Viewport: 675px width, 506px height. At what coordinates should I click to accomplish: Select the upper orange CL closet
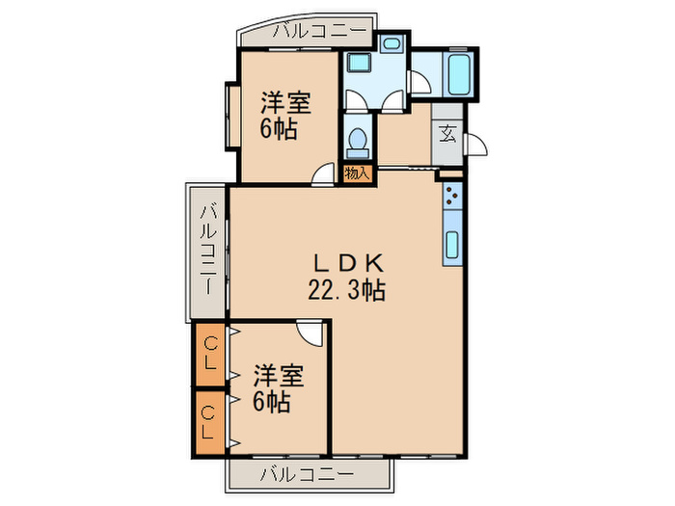point(208,356)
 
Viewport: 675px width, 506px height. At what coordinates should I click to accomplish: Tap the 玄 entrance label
point(448,133)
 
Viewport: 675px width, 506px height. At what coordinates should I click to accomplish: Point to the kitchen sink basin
point(452,244)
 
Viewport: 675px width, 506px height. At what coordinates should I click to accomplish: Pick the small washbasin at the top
point(391,44)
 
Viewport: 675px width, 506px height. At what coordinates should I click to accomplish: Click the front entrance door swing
point(475,144)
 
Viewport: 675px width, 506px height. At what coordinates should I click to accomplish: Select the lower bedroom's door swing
point(310,333)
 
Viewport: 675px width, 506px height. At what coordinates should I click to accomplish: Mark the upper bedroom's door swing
point(323,173)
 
